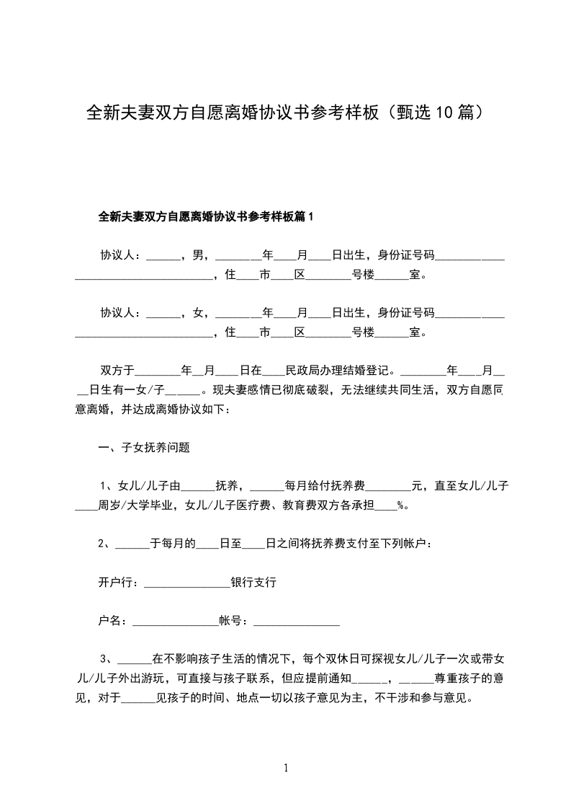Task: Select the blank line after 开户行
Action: [x=186, y=584]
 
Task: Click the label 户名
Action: [x=109, y=619]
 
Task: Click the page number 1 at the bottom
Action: [x=286, y=769]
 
